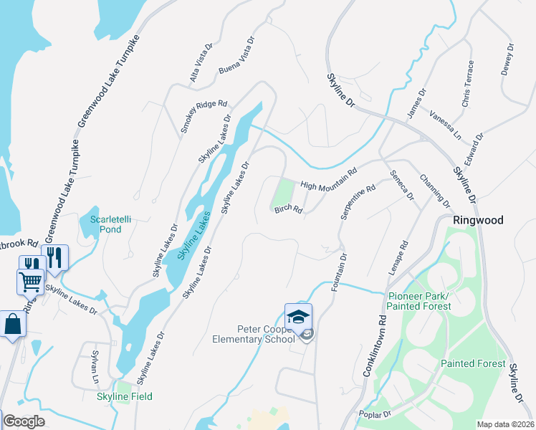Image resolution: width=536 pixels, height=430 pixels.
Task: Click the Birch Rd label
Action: tap(288, 210)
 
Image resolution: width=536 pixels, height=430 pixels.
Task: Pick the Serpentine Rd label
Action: tap(358, 203)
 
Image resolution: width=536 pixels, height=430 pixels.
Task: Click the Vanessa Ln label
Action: tap(446, 125)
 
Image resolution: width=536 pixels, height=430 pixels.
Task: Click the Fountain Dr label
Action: tap(339, 272)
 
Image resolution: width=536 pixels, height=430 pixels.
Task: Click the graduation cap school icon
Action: tap(298, 316)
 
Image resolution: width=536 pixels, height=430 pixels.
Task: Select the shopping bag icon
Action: tap(13, 323)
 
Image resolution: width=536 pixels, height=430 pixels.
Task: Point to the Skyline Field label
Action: tap(126, 396)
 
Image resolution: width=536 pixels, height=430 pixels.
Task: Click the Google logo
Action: tap(24, 421)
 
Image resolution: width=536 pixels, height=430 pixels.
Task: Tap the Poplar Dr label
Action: tap(376, 414)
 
